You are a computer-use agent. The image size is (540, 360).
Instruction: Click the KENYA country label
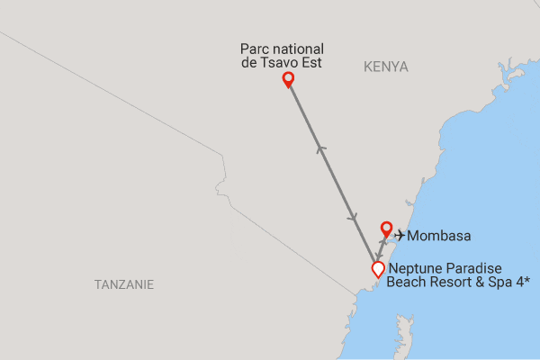point(386,67)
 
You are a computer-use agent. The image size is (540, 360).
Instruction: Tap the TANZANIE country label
point(124,284)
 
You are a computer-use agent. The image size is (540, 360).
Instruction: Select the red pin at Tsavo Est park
point(288,80)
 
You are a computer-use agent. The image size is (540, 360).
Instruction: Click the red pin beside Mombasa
point(386,229)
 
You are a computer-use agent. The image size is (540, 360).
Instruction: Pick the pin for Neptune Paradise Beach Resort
point(378,269)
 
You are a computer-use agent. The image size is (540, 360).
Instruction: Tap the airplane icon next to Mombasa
point(400,236)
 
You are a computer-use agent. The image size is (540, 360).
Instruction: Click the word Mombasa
point(439,237)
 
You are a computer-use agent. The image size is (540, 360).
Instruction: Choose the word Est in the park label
point(311,63)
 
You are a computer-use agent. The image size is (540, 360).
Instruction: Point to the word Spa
point(497,282)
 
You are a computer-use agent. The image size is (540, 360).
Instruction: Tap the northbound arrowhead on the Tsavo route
point(320,148)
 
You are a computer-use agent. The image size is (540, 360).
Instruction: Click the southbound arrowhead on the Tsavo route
point(354,220)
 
